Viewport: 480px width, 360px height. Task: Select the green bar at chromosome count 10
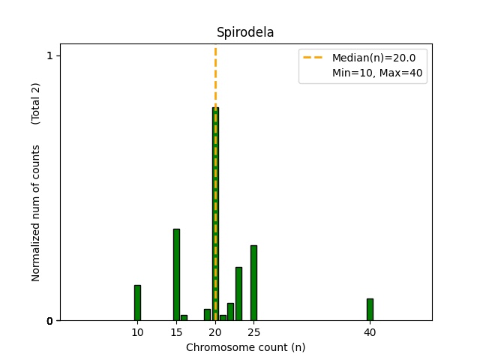click(x=137, y=302)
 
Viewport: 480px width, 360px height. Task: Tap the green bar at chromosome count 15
click(x=176, y=274)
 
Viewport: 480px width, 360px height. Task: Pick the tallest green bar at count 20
click(x=215, y=214)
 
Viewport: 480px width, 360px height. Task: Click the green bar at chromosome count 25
click(x=253, y=283)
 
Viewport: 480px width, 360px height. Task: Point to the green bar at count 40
click(x=370, y=309)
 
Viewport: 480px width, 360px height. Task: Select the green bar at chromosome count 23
click(x=238, y=293)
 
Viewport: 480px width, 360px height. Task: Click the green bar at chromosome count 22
click(x=230, y=311)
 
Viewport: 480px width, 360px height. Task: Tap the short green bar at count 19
click(x=207, y=314)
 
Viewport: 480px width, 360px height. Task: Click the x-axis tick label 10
click(x=137, y=332)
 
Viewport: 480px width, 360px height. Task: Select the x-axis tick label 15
click(x=176, y=332)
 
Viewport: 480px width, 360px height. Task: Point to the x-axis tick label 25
click(x=253, y=332)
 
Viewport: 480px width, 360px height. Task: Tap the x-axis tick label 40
click(x=370, y=332)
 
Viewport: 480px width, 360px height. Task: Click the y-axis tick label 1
click(x=49, y=55)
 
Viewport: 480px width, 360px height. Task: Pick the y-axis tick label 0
click(x=49, y=321)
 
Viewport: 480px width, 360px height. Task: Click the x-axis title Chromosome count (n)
click(x=245, y=347)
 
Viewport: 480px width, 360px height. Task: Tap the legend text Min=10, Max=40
click(x=368, y=73)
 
